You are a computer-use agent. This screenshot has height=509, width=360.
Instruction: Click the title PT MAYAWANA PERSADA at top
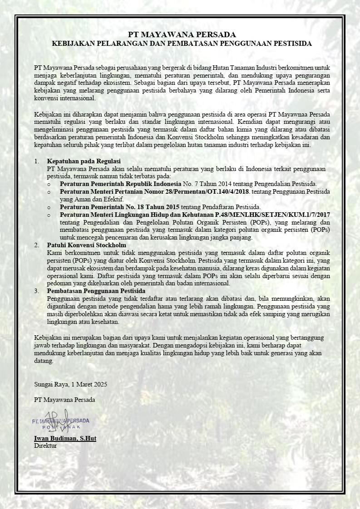click(182, 34)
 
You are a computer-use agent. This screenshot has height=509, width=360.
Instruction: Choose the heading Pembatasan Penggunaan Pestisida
click(96, 291)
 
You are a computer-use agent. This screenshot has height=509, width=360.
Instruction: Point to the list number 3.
click(36, 291)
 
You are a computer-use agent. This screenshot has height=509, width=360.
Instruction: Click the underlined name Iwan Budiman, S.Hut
click(65, 439)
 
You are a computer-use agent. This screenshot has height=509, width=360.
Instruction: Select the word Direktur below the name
click(45, 445)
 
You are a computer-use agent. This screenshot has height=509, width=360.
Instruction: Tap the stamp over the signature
click(61, 423)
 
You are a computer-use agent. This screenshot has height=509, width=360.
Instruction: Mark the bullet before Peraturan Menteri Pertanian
click(49, 192)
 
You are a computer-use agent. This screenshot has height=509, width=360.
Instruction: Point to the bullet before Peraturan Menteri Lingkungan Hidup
click(49, 215)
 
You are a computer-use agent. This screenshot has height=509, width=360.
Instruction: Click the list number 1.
click(36, 161)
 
